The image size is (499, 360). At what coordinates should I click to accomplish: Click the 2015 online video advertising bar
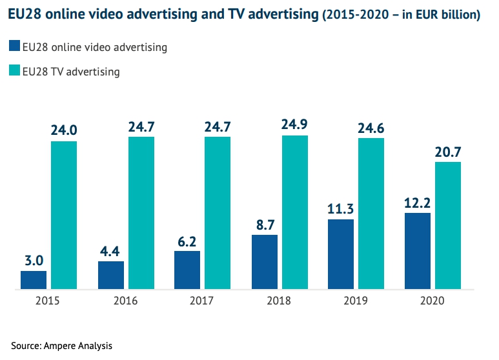point(34,280)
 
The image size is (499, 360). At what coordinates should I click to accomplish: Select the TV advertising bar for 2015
point(64,215)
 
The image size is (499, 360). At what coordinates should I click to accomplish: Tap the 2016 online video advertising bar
point(110,275)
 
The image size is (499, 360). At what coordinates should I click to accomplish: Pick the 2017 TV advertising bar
point(218,213)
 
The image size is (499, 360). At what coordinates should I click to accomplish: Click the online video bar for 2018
point(264,262)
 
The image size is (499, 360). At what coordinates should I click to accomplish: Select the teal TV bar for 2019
point(371,214)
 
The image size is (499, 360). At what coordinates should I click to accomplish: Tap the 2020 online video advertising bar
point(418,251)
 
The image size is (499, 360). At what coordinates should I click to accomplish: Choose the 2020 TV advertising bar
point(448,225)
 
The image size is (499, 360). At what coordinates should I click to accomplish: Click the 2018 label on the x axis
point(279,301)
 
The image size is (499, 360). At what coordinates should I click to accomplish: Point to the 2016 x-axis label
point(125,301)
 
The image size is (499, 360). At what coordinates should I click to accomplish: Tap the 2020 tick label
point(433,301)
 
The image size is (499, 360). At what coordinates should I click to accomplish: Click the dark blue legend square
point(14,46)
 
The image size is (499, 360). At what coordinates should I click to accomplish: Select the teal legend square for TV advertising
point(14,71)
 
